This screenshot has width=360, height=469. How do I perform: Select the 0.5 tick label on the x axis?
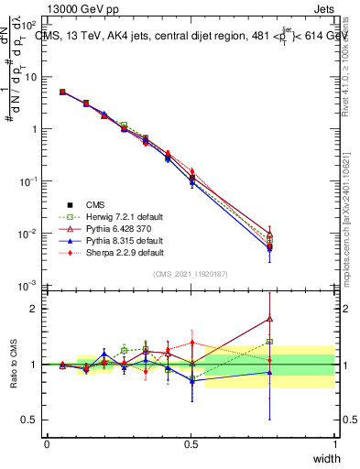(x=191, y=442)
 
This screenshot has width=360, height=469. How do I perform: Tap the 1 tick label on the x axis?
(x=334, y=442)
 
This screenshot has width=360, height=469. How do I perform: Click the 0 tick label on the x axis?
(x=47, y=442)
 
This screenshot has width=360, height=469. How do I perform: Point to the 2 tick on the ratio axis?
(x=34, y=309)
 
